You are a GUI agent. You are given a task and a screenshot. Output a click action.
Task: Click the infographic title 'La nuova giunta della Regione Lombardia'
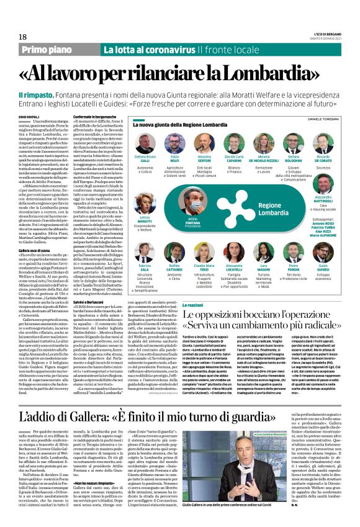pos(192,125)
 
